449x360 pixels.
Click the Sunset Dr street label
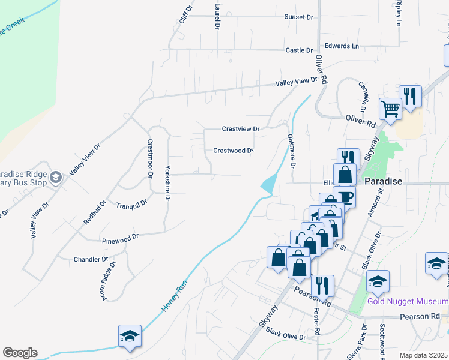tap(299, 17)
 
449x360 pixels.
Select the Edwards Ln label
tap(341, 46)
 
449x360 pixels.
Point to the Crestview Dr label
tap(240, 129)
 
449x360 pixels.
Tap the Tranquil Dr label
tap(131, 204)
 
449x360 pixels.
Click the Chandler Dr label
tap(91, 260)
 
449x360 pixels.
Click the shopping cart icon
tap(390, 109)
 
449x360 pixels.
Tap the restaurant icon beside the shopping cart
tap(410, 96)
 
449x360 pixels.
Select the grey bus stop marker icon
tap(56, 176)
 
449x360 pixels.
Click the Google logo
tap(20, 353)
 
